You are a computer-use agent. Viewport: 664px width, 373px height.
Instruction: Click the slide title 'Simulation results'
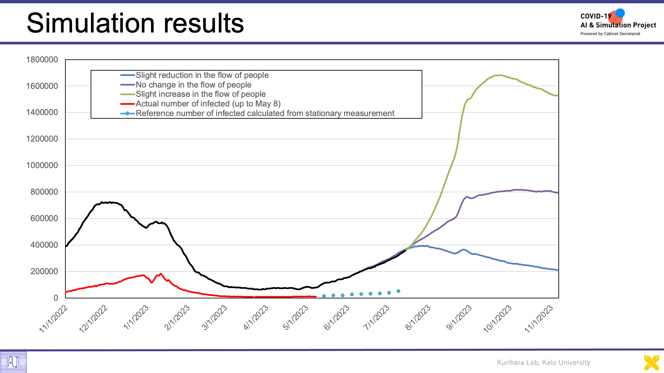pos(135,23)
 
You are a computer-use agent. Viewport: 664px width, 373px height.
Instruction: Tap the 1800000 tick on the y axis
pos(42,60)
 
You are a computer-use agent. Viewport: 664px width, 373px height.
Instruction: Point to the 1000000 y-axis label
pos(42,165)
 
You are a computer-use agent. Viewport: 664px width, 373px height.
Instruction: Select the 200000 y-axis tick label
pos(44,272)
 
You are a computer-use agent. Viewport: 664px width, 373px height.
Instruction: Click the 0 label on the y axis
pos(56,298)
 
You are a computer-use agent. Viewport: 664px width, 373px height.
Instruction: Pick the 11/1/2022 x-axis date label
pos(53,319)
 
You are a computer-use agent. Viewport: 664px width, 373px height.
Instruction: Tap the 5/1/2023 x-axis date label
pos(295,318)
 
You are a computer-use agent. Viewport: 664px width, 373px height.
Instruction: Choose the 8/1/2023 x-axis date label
pos(418,318)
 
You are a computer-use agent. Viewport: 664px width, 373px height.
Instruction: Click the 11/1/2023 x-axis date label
pos(539,319)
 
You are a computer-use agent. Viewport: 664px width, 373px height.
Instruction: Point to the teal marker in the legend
pos(127,113)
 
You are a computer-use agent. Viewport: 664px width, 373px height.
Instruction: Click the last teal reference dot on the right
pos(398,291)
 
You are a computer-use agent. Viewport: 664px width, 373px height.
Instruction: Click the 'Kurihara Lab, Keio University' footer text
pos(543,362)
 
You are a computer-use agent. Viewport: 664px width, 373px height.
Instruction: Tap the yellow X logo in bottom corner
pos(651,363)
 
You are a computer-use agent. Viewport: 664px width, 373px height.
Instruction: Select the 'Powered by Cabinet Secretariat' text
pos(610,34)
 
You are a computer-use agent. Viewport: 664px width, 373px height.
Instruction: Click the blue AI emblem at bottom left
pos(13,362)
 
